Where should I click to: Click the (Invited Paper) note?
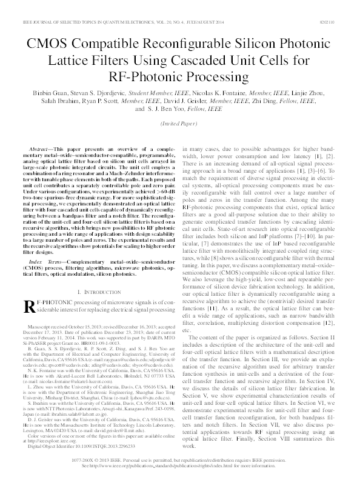click(180, 124)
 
